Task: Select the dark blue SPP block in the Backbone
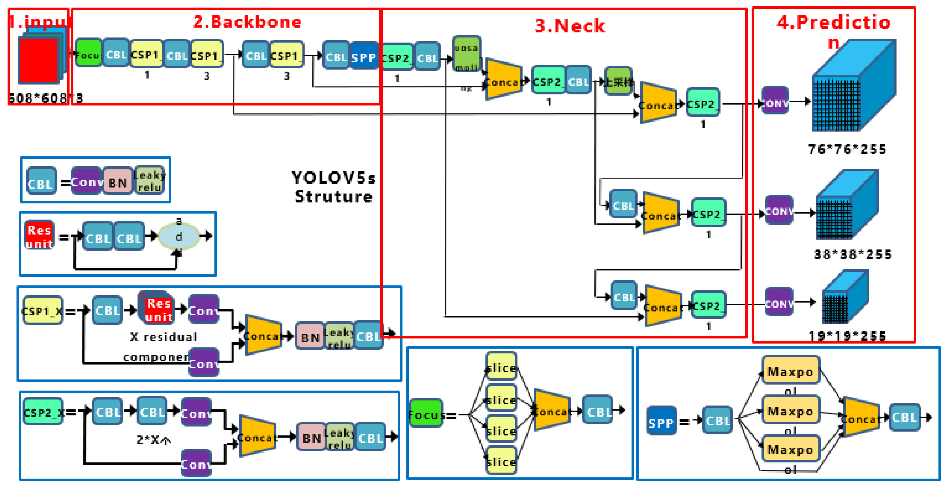point(363,57)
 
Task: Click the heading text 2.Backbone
point(247,22)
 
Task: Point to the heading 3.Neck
point(570,26)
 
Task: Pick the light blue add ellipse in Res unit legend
point(179,236)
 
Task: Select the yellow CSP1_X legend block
point(43,311)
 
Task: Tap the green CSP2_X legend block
point(43,412)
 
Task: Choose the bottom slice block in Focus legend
point(501,461)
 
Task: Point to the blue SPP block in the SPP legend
point(661,421)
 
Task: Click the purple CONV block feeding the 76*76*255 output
point(775,101)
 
